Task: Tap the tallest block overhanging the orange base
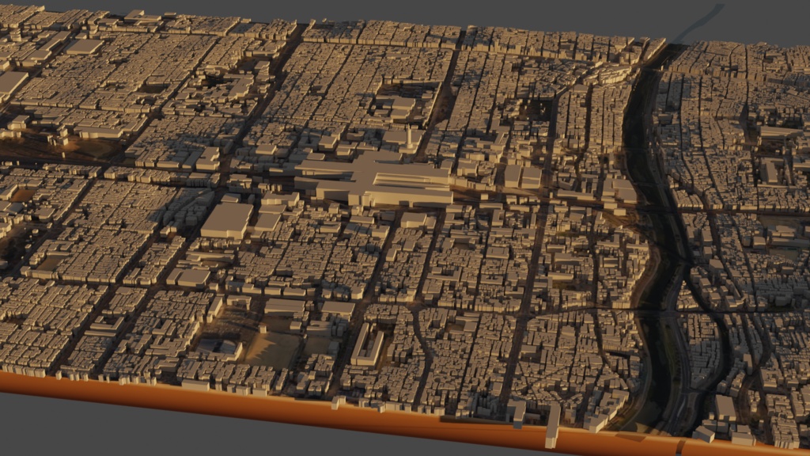pos(552,425)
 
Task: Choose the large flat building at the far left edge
pos(9,82)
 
